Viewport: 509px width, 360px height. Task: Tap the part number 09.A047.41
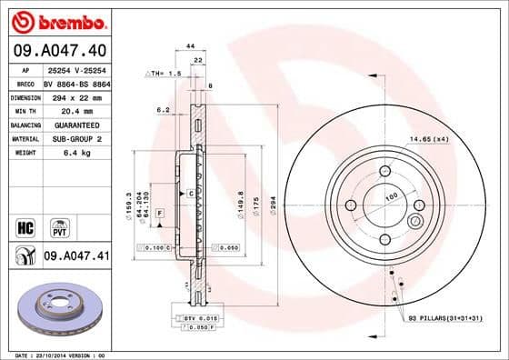[75, 257]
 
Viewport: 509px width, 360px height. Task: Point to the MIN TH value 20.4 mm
[62, 110]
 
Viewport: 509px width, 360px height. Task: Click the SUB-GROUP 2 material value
[70, 138]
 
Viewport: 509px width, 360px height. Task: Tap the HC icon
[25, 225]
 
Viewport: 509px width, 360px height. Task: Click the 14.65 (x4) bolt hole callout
[429, 138]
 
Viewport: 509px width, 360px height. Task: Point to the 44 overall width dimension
[191, 45]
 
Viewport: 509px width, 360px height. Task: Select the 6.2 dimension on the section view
[163, 109]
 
